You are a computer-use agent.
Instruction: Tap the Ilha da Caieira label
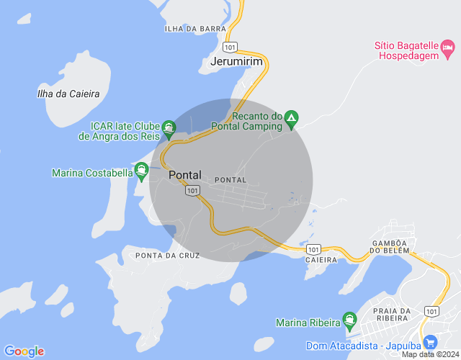(68, 94)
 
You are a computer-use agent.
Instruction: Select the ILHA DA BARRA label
(190, 29)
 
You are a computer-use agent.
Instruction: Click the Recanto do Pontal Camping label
(246, 121)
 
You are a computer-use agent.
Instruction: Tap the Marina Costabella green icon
(141, 172)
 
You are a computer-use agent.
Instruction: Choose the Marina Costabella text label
(92, 173)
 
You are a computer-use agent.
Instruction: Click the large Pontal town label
(185, 175)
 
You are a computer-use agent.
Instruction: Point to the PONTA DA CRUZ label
(157, 256)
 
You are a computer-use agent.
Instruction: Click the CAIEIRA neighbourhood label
(321, 259)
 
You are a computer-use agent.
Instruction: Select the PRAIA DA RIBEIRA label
(392, 315)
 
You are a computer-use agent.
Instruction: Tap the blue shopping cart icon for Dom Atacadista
(431, 342)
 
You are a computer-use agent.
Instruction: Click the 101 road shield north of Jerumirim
(230, 47)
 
